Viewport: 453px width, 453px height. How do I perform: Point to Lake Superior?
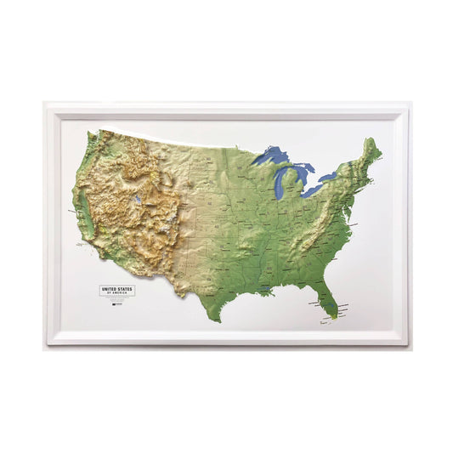coord(272,156)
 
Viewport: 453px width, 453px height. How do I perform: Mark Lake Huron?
coord(303,175)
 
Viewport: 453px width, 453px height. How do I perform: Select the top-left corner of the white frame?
coord(46,103)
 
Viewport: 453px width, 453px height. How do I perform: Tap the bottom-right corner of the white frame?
coord(407,344)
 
